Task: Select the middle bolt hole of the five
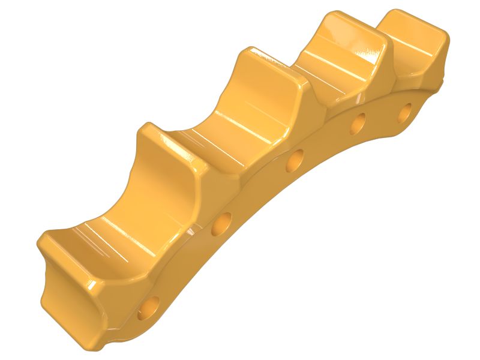point(295,161)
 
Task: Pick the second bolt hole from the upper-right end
point(358,122)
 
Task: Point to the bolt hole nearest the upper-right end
point(406,110)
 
